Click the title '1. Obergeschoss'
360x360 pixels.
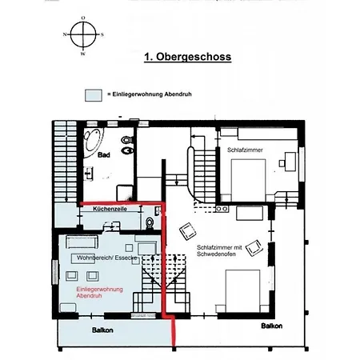[187, 57]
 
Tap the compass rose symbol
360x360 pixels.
[83, 34]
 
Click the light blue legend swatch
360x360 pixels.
[94, 95]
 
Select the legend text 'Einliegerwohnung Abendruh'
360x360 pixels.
[152, 94]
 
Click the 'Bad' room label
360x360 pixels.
[104, 155]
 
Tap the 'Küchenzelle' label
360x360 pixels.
[110, 209]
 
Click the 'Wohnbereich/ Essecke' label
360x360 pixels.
[107, 258]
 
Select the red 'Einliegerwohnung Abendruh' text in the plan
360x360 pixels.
[99, 292]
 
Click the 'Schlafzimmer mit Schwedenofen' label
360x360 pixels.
[219, 250]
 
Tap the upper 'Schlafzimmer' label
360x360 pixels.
[245, 150]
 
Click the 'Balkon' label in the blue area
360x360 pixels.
[102, 330]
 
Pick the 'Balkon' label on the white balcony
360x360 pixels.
[272, 326]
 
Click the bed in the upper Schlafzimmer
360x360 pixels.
[248, 181]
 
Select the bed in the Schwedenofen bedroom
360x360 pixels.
[242, 291]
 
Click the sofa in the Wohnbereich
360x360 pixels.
[82, 242]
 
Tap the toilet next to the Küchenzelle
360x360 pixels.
[150, 223]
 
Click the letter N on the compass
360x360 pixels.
[65, 34]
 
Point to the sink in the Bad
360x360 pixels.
[88, 174]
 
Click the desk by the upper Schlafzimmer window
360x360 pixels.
[290, 162]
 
